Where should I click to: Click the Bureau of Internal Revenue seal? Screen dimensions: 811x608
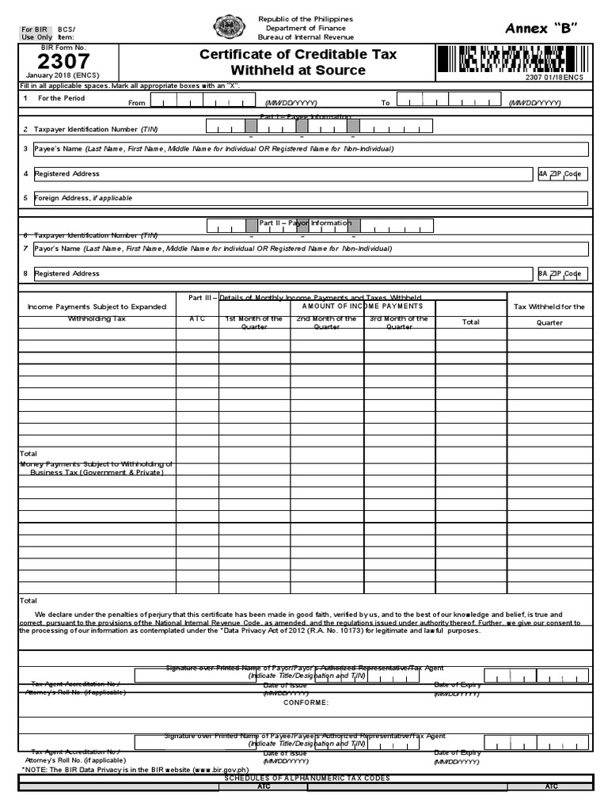(230, 28)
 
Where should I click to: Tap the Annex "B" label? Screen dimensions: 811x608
(541, 29)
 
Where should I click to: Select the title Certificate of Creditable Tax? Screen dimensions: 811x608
(298, 55)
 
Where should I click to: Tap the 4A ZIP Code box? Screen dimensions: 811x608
(562, 174)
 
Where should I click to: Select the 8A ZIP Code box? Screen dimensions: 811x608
(562, 274)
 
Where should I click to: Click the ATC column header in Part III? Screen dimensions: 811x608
(197, 319)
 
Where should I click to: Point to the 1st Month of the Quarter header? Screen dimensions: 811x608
(254, 322)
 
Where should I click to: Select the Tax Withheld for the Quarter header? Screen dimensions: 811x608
(549, 314)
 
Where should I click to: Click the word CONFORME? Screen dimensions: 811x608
(306, 702)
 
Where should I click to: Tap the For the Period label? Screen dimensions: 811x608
(61, 98)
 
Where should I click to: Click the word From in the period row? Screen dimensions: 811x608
(137, 103)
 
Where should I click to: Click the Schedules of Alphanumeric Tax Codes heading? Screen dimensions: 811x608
(306, 778)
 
